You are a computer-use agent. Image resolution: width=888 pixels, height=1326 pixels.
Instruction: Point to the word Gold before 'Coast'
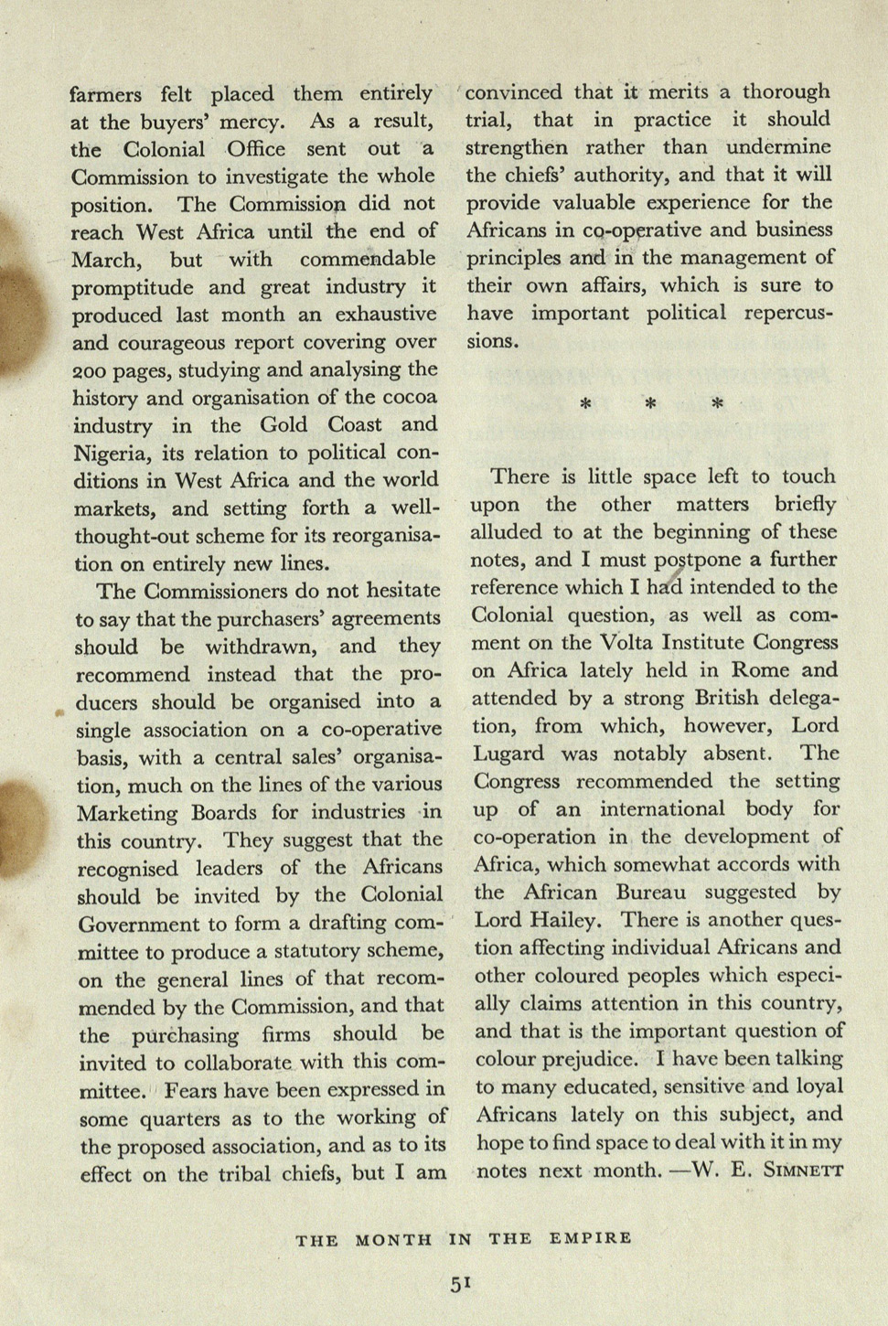click(284, 425)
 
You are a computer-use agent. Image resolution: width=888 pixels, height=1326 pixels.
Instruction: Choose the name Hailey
click(560, 921)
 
